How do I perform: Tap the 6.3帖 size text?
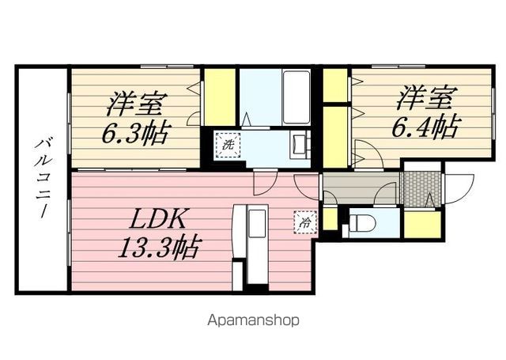coord(135,132)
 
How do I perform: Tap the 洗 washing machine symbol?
coord(227,146)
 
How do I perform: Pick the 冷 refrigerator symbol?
coord(304,222)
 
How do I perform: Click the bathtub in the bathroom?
coord(296,97)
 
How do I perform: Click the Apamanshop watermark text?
coord(253,320)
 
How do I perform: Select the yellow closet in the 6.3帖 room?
coord(220,97)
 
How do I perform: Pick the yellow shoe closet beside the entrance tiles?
coord(420,224)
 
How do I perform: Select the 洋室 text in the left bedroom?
coord(135,104)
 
